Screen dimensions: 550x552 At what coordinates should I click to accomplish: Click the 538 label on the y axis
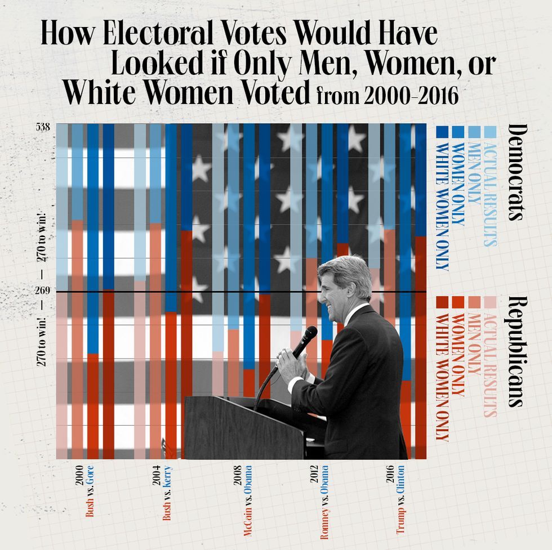click(x=43, y=127)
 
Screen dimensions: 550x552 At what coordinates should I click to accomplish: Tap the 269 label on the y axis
click(x=43, y=291)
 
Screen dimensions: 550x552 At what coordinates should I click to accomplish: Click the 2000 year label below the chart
click(x=79, y=476)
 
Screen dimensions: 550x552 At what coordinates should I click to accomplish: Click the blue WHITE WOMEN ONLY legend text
click(x=443, y=207)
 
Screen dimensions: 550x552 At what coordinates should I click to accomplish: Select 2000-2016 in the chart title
click(x=411, y=96)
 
